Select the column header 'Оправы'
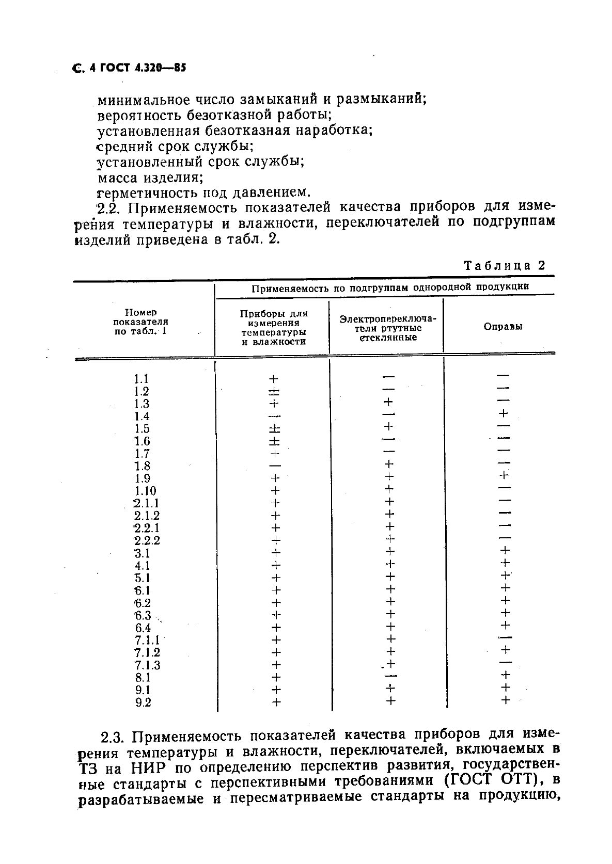pos(503,326)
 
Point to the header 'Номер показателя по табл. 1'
pos(140,322)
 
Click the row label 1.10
pos(145,491)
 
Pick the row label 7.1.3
pos(147,665)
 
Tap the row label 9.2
pos(143,702)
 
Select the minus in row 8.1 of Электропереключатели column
pos(391,676)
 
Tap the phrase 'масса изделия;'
pos(150,178)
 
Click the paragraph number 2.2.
pos(108,209)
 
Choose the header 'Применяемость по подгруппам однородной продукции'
pos(390,287)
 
